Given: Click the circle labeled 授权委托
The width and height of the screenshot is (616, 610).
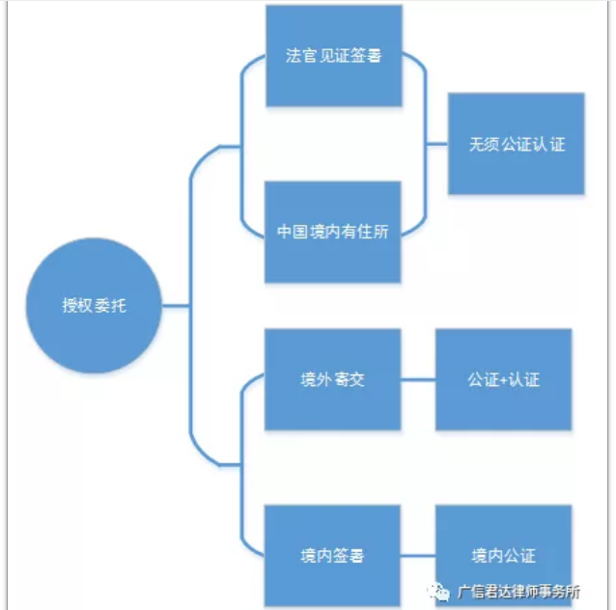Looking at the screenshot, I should point(94,306).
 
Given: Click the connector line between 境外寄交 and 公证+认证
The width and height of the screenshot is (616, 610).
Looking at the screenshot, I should point(417,379).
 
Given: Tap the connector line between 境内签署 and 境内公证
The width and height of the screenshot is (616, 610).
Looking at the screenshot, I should point(417,556).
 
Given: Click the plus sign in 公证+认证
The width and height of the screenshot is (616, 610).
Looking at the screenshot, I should point(504,380).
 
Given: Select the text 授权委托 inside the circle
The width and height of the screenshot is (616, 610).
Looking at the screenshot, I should point(94,307).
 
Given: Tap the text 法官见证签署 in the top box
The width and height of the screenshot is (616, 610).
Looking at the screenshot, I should point(333,56).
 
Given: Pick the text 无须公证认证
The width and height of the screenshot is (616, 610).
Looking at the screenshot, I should point(517,144).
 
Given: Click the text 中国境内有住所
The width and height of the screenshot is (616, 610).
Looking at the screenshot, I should point(332,233).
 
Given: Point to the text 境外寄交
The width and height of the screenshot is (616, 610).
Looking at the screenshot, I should point(332,380).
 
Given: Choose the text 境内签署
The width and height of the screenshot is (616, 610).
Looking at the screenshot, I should point(332,557).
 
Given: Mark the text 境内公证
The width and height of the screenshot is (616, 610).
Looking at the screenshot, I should point(503,557).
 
